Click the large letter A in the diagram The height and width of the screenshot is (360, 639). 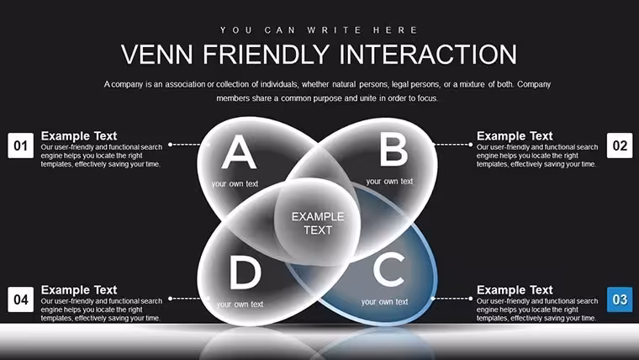tap(239, 151)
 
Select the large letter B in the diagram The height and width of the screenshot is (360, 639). tap(393, 149)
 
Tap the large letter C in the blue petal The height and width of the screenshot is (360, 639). tap(388, 269)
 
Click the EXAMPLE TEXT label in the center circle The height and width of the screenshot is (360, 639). tap(318, 223)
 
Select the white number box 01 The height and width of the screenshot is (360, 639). tap(21, 146)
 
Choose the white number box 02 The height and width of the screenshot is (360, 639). tap(620, 146)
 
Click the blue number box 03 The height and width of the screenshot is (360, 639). tap(620, 299)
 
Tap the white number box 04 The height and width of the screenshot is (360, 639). tap(21, 299)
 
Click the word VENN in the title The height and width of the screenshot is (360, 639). tap(157, 54)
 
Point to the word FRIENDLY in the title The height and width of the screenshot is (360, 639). tap(267, 54)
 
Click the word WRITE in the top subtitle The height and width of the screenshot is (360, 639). tap(334, 30)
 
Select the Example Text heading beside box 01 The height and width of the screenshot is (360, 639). tap(79, 135)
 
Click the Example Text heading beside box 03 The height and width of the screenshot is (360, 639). tap(515, 290)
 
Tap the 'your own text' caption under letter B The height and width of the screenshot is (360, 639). tap(389, 182)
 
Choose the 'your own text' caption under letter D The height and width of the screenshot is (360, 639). tap(240, 304)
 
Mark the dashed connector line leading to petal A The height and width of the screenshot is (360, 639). tap(185, 145)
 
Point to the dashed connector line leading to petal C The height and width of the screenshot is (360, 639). tap(452, 299)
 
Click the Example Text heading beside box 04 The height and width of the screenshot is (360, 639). tap(79, 290)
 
